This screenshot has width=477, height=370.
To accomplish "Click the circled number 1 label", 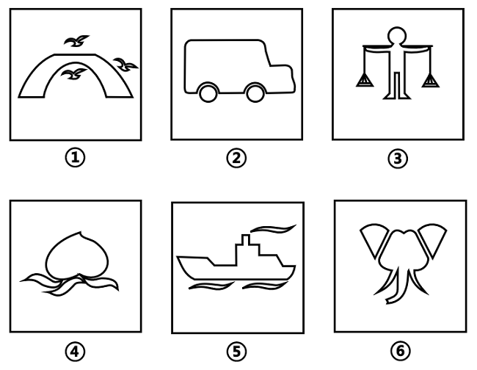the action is coord(75,158).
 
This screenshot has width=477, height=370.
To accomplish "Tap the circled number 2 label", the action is coord(236,158).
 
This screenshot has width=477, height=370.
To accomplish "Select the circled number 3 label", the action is coord(398,159).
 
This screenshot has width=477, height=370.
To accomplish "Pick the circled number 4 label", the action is coord(75,352).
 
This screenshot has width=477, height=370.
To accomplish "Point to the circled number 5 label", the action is coord(236,352).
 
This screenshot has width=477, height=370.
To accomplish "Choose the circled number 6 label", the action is coord(400,350).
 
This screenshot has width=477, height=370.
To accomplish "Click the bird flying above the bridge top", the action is coord(76,41).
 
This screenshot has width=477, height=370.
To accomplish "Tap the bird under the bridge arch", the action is coord(73,74).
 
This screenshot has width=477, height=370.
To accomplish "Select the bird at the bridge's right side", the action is coord(125,65).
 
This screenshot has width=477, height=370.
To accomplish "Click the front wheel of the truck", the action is coord(255,92).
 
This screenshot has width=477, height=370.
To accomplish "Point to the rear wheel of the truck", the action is coord(208,92).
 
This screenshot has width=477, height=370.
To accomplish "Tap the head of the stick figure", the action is coord(397,36).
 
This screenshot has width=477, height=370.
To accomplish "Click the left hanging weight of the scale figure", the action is coord(365,81).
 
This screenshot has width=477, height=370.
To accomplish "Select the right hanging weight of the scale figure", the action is coord(430,81).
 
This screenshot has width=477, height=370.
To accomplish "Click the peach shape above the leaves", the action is coord(77,255).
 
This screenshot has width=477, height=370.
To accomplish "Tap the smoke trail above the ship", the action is coord(272,229).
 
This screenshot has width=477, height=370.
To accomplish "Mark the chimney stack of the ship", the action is coord(246,239).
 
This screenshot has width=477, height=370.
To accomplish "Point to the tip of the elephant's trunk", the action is coord(387,302).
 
